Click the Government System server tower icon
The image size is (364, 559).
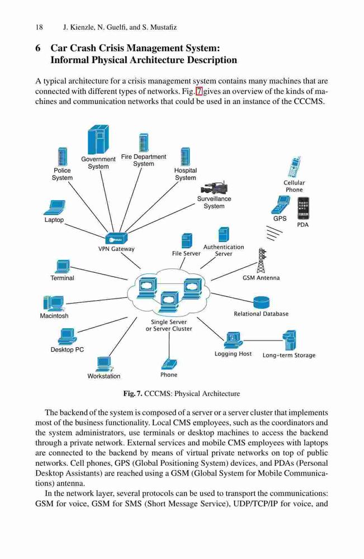click(x=98, y=140)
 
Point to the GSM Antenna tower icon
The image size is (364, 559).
click(x=262, y=260)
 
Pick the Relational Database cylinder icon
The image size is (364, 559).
click(x=261, y=302)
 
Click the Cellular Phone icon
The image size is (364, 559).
click(x=294, y=168)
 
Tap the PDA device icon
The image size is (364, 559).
click(x=302, y=208)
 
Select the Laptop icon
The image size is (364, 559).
click(x=54, y=208)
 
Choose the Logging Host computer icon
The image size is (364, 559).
click(x=233, y=340)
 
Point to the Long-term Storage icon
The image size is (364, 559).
click(x=289, y=340)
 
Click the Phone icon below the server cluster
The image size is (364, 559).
click(x=169, y=364)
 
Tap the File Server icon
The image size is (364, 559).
click(x=187, y=240)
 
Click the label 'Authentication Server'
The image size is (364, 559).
click(x=224, y=250)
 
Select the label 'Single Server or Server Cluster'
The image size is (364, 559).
click(x=169, y=325)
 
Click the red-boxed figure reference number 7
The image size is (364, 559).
click(x=199, y=91)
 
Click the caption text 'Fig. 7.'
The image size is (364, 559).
click(x=133, y=394)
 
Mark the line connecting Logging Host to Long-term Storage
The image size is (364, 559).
click(x=263, y=340)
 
